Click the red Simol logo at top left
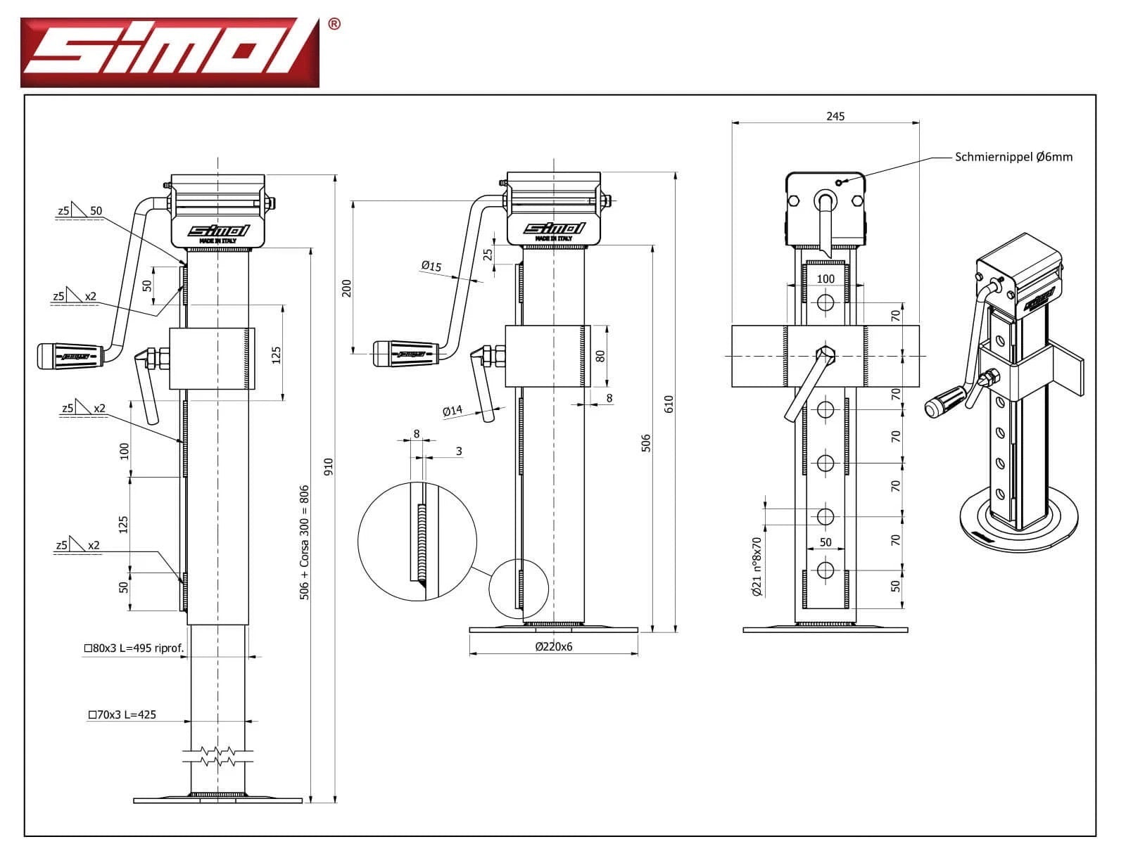170,53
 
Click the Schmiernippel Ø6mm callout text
1013,157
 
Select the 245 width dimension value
835,116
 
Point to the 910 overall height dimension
328,466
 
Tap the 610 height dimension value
669,404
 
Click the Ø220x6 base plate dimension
554,646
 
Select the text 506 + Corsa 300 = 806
305,542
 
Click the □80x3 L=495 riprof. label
134,648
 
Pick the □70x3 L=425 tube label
122,715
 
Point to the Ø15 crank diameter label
431,266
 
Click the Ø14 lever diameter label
453,411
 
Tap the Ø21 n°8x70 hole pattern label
757,567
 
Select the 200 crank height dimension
346,288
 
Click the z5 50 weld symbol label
80,210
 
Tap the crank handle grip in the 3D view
945,402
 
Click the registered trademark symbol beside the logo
334,24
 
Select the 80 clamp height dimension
600,355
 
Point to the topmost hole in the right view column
825,302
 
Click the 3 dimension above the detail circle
459,451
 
